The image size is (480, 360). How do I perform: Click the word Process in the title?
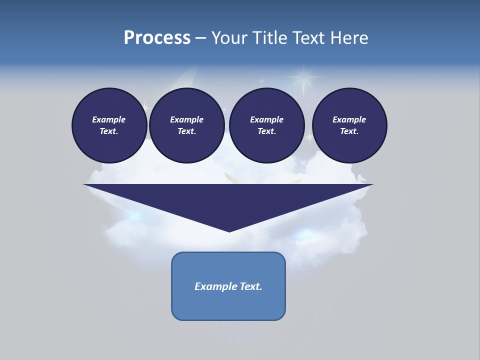click(x=157, y=38)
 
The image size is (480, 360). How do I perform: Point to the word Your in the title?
click(x=230, y=38)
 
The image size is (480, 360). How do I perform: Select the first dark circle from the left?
click(x=109, y=125)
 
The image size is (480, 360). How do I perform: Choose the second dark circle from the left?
click(x=187, y=125)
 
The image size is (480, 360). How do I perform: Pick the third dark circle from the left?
click(x=267, y=125)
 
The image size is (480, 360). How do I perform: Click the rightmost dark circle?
click(x=349, y=125)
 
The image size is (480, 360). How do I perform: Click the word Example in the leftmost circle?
click(x=109, y=119)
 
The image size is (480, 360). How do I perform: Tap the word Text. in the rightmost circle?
click(x=349, y=131)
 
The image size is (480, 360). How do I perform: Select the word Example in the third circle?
click(x=266, y=119)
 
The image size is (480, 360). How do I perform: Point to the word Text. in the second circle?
click(x=187, y=131)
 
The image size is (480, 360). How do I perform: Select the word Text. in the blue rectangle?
click(x=251, y=286)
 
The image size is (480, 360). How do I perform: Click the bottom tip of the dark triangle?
click(x=229, y=230)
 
